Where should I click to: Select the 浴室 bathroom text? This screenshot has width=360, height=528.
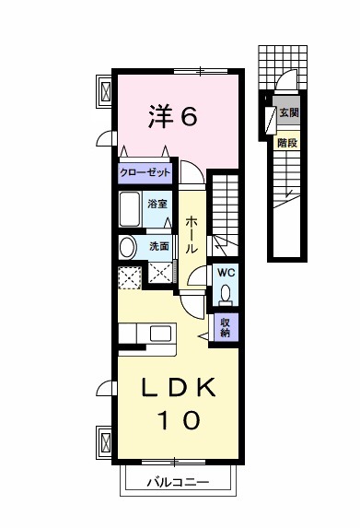click(157, 204)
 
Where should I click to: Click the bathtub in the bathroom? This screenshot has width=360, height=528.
click(129, 209)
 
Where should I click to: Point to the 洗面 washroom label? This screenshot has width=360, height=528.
click(159, 246)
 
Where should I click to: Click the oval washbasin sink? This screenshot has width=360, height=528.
click(127, 246)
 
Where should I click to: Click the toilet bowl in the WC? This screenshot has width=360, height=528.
click(226, 294)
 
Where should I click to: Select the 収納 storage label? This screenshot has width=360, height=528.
click(224, 327)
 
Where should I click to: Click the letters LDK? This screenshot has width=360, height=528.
click(180, 389)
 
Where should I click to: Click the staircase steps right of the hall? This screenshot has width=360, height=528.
click(224, 207)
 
